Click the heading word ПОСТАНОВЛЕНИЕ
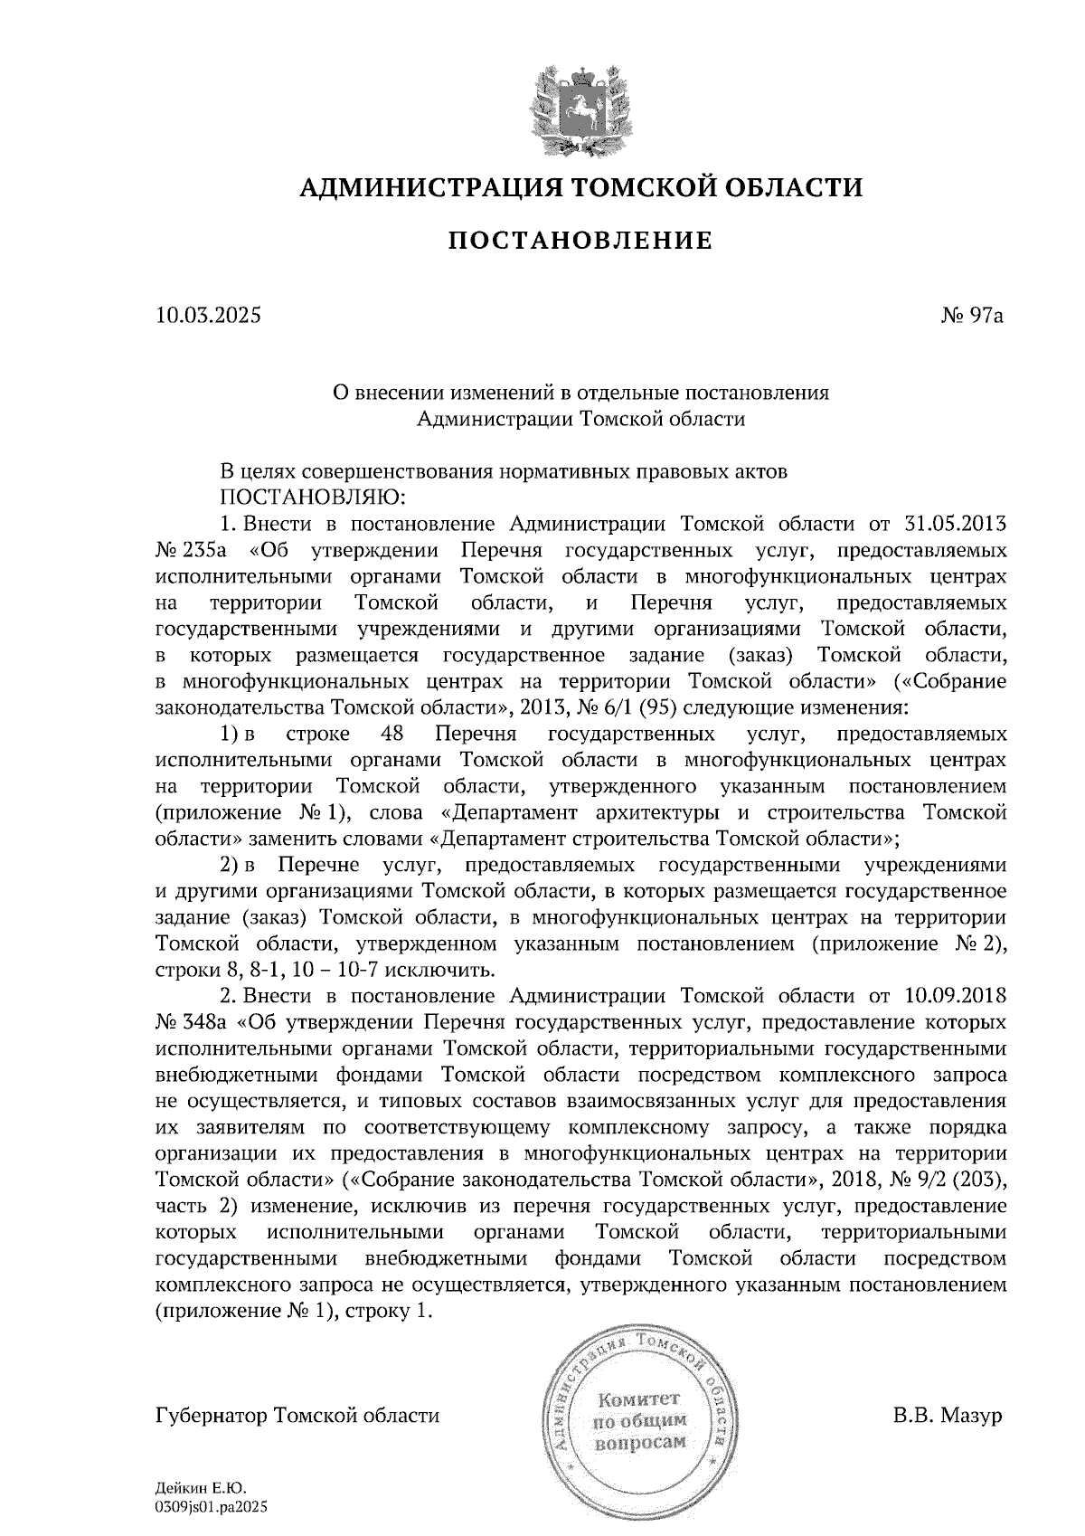[580, 241]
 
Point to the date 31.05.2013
[956, 524]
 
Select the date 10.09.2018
[956, 996]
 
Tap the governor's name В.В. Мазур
[948, 1415]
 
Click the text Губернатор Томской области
[297, 1415]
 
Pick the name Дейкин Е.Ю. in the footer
[201, 1487]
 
